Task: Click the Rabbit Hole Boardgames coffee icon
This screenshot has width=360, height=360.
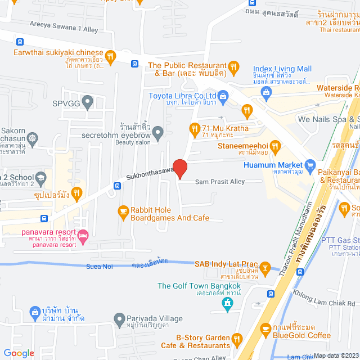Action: [122, 212]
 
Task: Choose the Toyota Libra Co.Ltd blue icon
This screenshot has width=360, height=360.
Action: [223, 95]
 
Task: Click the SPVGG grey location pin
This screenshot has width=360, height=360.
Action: [87, 103]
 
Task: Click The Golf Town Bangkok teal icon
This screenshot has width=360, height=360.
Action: [227, 304]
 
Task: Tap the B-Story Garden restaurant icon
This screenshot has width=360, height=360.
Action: [237, 340]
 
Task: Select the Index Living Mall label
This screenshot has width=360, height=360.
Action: [282, 69]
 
